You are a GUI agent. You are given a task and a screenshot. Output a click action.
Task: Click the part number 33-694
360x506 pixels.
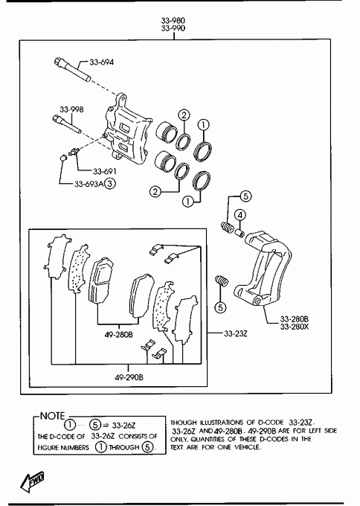click(102, 62)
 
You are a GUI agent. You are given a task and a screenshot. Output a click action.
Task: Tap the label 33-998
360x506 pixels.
click(71, 109)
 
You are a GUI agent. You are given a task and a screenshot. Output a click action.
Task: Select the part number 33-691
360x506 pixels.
click(105, 171)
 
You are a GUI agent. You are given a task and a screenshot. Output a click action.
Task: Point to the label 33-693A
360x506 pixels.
click(89, 184)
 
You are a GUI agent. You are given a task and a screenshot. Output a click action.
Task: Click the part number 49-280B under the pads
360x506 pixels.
click(118, 335)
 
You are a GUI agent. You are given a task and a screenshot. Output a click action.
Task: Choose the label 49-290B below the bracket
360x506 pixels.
click(129, 377)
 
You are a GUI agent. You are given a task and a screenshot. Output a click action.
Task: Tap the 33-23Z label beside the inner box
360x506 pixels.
click(236, 333)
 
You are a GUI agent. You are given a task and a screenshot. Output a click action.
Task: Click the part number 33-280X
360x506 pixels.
click(295, 327)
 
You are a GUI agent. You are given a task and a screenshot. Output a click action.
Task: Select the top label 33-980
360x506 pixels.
click(173, 21)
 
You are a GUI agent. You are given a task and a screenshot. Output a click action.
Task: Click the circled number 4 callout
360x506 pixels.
click(240, 215)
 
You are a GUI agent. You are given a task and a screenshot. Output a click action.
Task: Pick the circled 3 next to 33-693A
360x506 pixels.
click(110, 184)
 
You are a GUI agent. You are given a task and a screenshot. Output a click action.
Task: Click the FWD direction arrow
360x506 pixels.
click(32, 482)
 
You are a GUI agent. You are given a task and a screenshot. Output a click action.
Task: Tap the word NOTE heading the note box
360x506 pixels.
click(53, 416)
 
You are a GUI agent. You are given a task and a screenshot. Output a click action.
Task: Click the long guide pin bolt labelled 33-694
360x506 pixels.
click(73, 70)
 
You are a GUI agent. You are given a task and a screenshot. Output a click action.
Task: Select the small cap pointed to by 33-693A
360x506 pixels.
click(63, 158)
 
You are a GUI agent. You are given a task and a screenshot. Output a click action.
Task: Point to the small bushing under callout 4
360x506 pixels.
click(239, 232)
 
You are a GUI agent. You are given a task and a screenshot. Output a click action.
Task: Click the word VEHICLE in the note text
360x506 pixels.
click(247, 447)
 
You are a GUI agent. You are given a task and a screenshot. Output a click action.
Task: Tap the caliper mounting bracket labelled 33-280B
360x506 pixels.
click(263, 268)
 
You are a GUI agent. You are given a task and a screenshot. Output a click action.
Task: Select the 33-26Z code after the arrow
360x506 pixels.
click(124, 426)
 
